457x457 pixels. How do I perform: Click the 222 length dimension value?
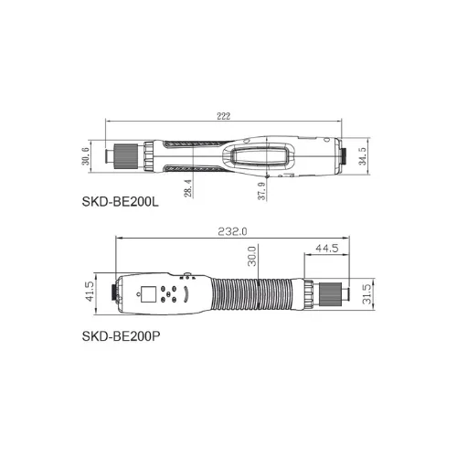pos(223,116)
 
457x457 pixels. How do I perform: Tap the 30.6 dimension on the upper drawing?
pos(86,156)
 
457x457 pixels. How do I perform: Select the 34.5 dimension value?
pos(363,156)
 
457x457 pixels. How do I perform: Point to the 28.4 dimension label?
pos(188,188)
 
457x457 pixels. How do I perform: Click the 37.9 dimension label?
pos(262,191)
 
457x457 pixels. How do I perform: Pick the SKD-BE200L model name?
pos(121,202)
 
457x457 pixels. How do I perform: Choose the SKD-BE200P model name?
pos(121,336)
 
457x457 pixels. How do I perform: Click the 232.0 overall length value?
pos(232,231)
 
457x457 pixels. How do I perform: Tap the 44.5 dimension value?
pos(327,248)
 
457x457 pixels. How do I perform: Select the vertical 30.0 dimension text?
pos(252,256)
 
